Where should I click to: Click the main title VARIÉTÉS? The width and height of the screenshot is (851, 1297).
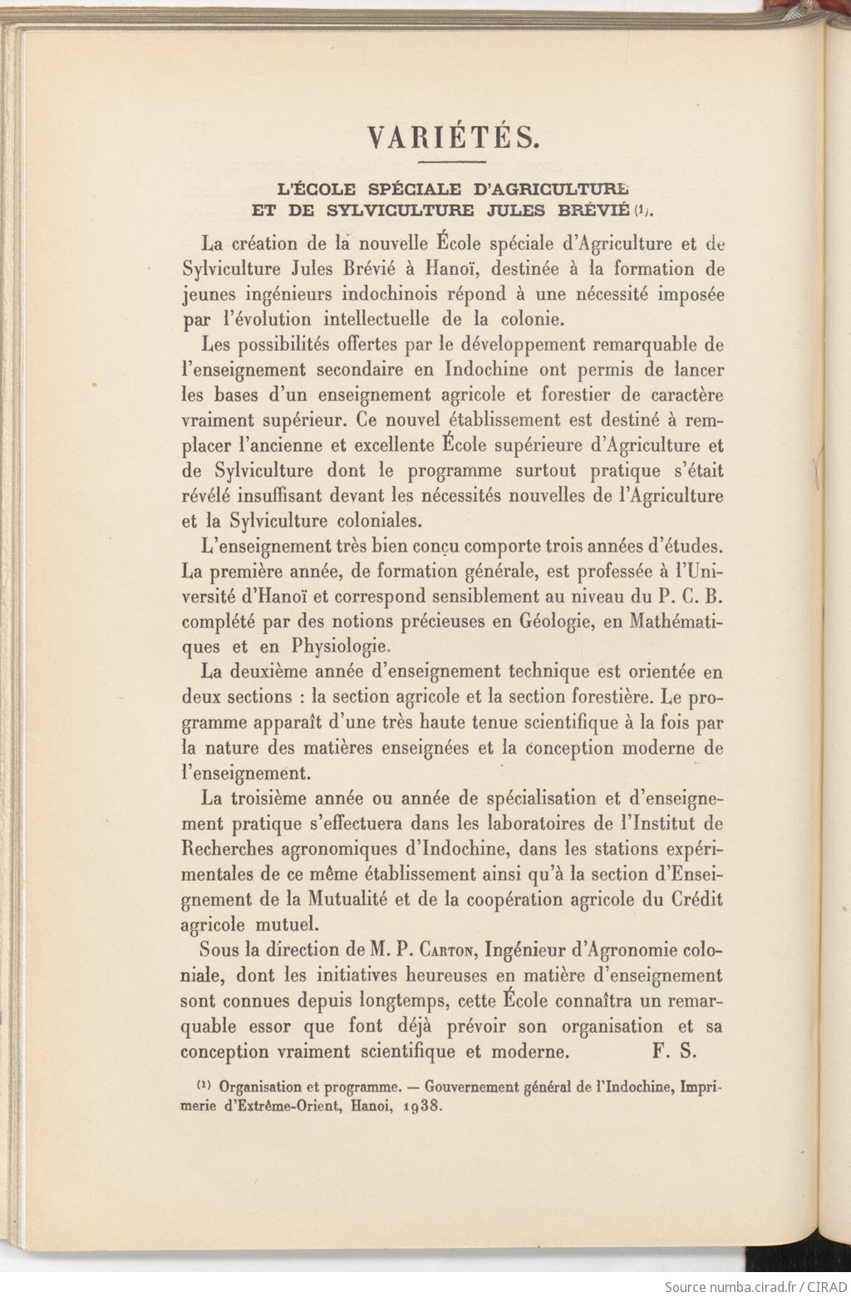pos(452,137)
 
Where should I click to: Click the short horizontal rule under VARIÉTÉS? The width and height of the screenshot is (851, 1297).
pos(452,161)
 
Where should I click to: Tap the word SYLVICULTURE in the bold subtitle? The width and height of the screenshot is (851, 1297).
pos(400,210)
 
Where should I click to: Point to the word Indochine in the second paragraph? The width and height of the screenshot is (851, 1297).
pos(485,370)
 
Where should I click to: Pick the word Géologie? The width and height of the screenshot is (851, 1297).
pos(570,621)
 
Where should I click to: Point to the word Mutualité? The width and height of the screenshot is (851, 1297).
pos(348,900)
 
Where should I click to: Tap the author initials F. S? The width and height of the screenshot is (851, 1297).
pos(674,1052)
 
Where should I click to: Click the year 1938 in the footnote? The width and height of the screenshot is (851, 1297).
pos(421,1107)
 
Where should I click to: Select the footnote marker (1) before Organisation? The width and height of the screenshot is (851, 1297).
pos(204,1086)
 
